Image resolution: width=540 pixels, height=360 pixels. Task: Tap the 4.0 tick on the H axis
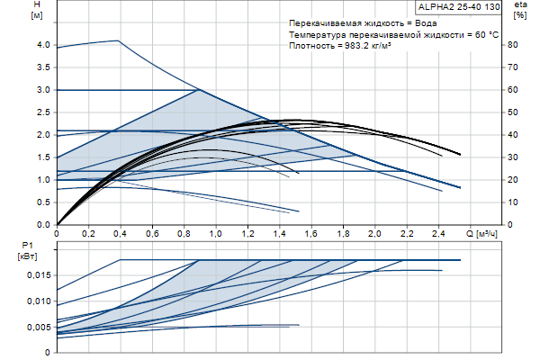pyautogui.click(x=43, y=44)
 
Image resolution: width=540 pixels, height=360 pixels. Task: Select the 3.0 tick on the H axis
pyautogui.click(x=43, y=90)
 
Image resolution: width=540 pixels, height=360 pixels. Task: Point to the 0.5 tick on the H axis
pyautogui.click(x=43, y=202)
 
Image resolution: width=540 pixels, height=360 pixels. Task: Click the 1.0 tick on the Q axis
pyautogui.click(x=216, y=234)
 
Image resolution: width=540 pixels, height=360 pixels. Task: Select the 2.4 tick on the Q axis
pyautogui.click(x=437, y=234)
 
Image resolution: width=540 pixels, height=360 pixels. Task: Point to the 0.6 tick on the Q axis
pyautogui.click(x=152, y=234)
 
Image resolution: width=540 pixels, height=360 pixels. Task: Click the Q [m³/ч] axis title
pyautogui.click(x=485, y=234)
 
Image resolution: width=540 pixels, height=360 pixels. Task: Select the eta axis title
pyautogui.click(x=519, y=6)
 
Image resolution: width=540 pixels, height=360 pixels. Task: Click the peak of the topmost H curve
pyautogui.click(x=119, y=40)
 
